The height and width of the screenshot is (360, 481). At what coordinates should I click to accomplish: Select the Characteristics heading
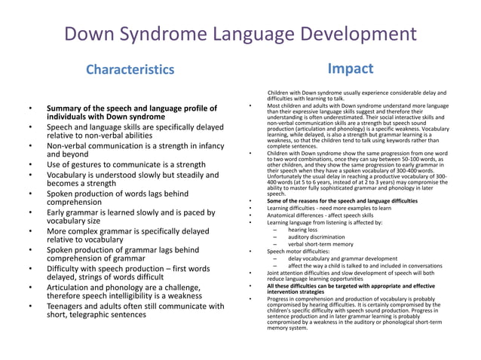(x=129, y=70)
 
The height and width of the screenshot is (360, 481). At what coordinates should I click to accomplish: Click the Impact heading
(x=351, y=69)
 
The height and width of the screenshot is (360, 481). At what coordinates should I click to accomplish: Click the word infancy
(x=206, y=145)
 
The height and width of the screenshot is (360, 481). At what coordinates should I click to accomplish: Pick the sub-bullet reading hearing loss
(x=304, y=230)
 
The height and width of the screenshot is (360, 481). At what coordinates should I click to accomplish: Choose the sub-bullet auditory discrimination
(x=317, y=237)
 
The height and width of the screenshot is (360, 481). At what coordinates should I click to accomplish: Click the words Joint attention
(x=287, y=273)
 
